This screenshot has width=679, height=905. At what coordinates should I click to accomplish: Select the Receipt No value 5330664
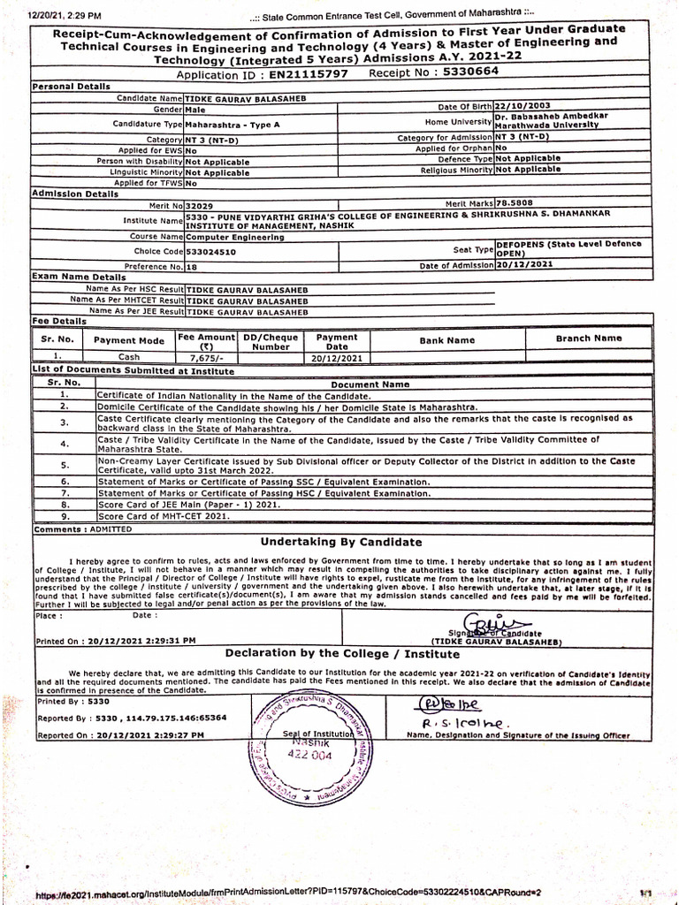point(469,72)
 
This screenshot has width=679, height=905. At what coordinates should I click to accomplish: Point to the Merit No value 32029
point(202,205)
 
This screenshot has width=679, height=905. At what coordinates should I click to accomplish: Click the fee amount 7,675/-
point(206,358)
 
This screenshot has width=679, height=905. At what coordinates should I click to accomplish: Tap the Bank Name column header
point(447,340)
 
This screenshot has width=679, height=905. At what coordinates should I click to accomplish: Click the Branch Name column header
point(588,338)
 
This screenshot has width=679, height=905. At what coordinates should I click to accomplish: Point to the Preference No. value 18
point(193,265)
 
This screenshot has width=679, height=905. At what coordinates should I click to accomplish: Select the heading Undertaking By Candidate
point(340,542)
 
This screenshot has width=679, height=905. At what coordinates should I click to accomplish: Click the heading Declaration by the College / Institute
point(342,654)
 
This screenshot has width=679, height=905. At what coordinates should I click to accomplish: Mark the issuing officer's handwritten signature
point(447,712)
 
